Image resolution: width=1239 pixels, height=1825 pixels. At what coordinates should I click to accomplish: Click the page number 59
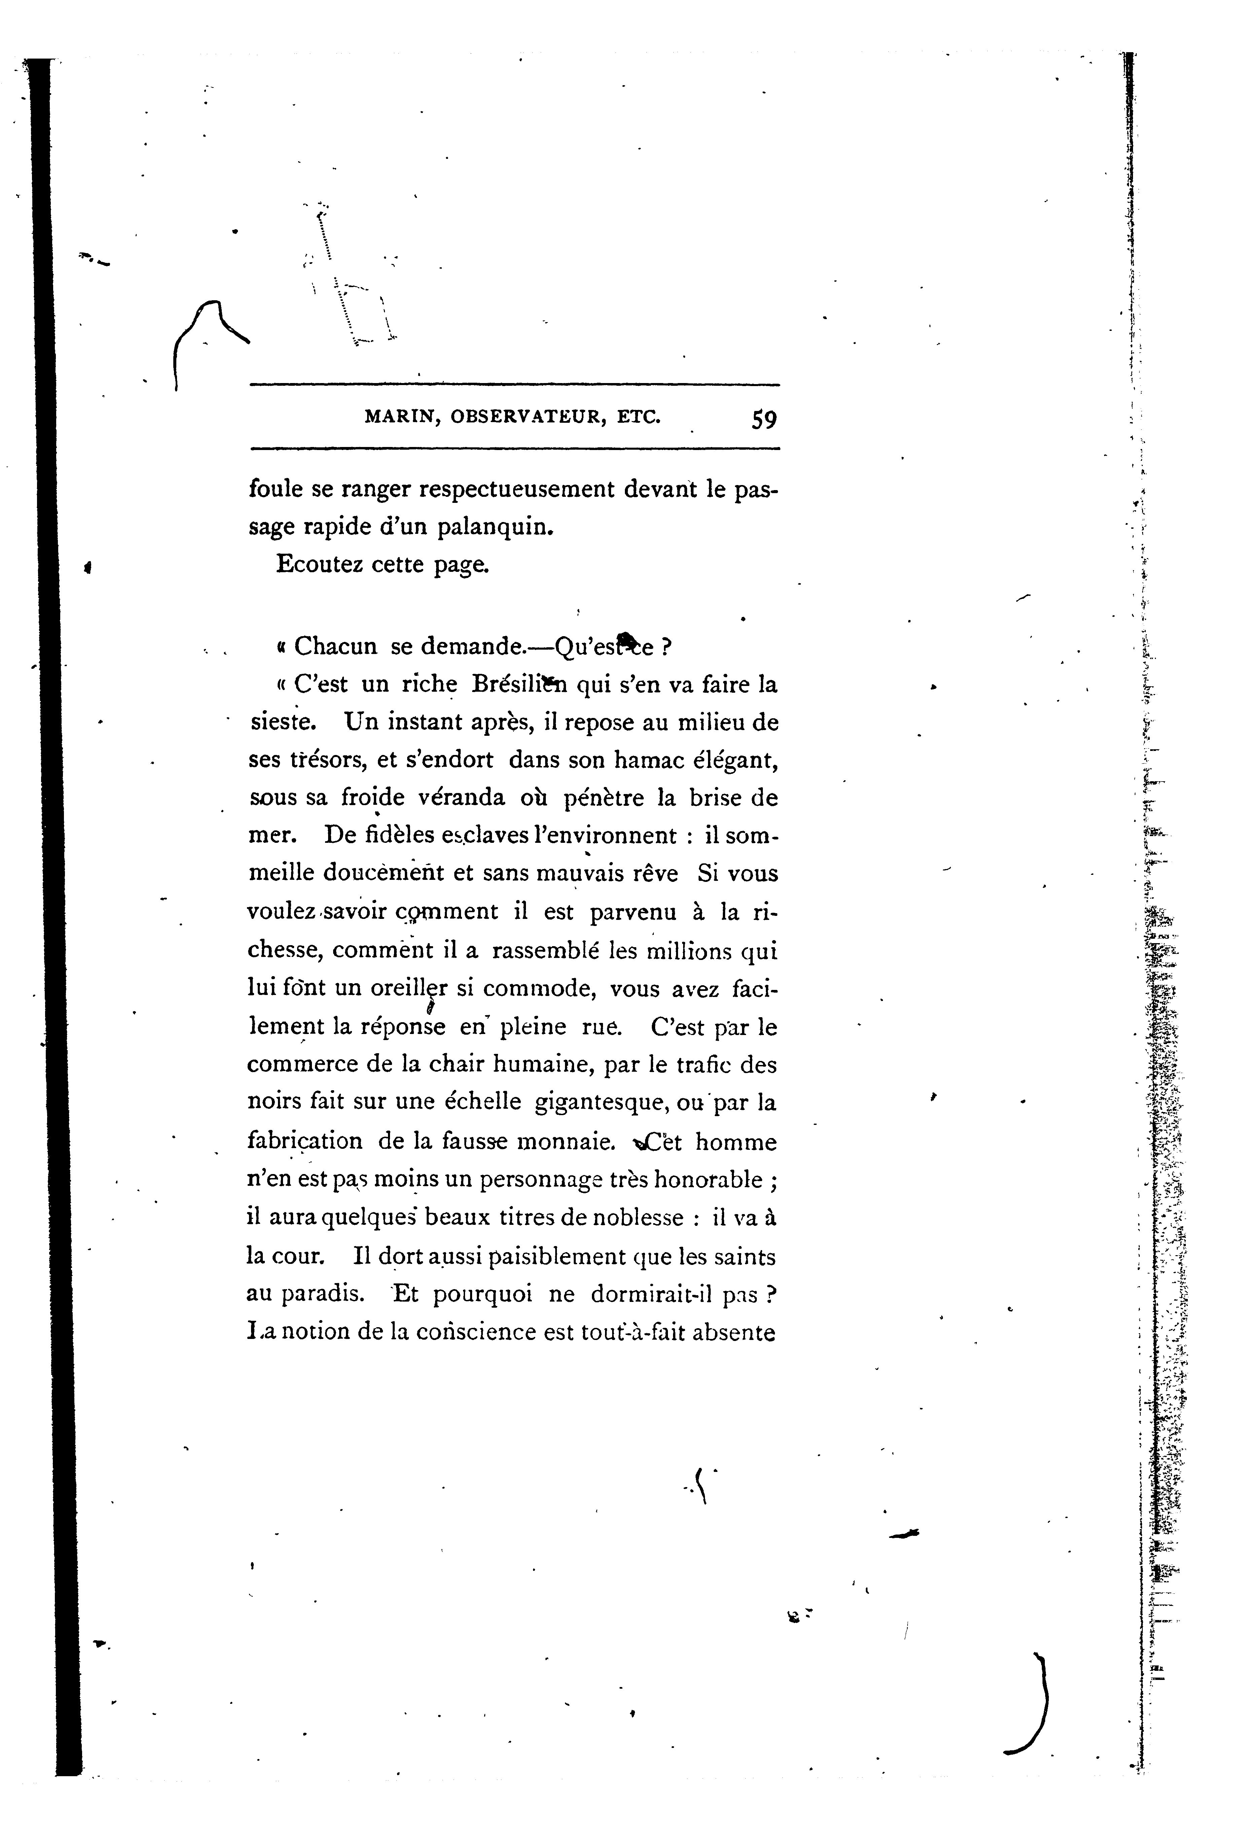pyautogui.click(x=763, y=419)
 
